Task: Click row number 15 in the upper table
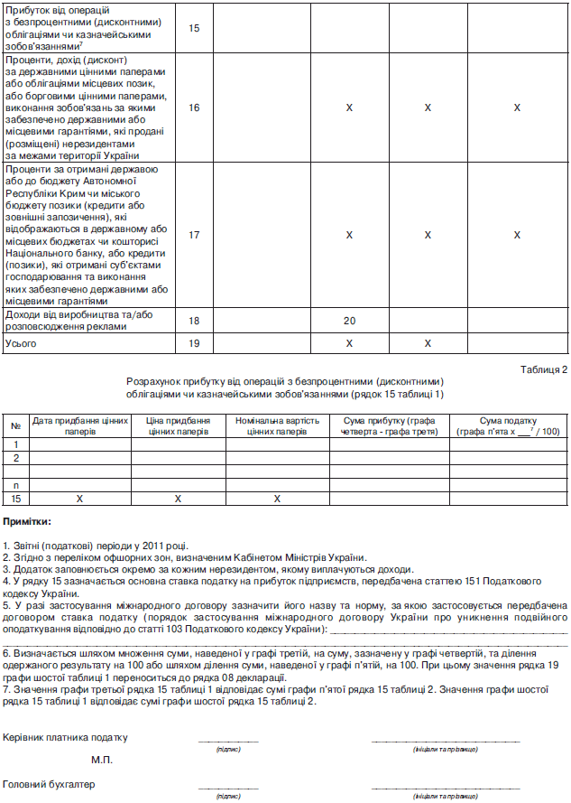pos(194,28)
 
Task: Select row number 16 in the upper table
pos(194,107)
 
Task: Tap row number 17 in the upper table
pos(194,235)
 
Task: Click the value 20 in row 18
pos(349,321)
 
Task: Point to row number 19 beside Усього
pos(194,343)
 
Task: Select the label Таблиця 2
pos(544,369)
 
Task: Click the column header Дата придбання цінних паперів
pos(80,426)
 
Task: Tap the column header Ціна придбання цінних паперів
pos(179,426)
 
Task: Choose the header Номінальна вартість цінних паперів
pos(279,426)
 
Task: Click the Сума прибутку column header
pos(389,426)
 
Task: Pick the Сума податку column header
pos(507,426)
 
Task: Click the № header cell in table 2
pos(15,426)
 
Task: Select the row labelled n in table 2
pos(15,485)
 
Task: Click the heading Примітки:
pos(28,522)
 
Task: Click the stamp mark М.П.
pos(102,760)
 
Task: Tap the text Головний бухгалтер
pos(49,784)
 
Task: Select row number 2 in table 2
pos(15,458)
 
